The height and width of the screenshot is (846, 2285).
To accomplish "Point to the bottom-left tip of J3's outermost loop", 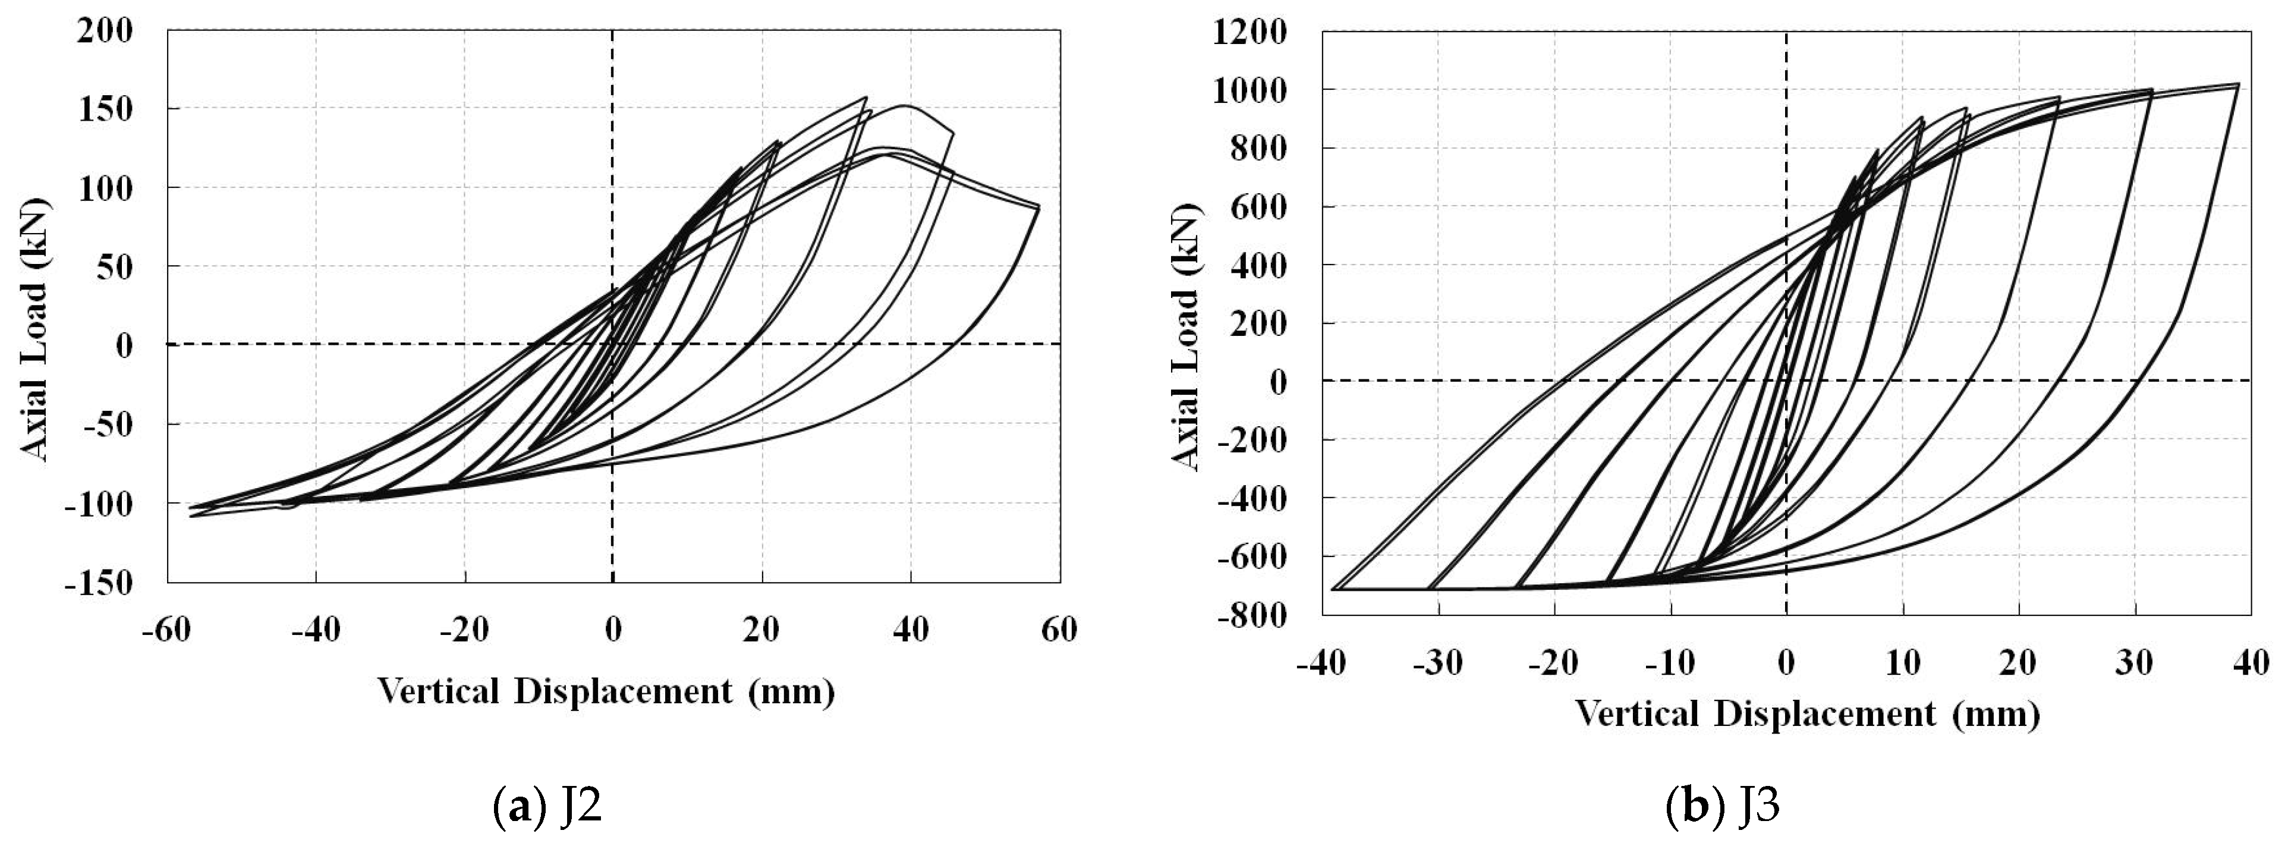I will tap(1332, 589).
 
